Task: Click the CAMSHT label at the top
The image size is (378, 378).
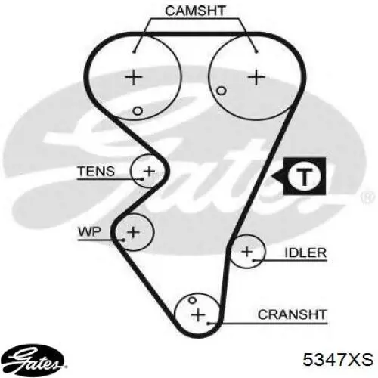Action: point(195,11)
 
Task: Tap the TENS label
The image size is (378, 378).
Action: point(96,172)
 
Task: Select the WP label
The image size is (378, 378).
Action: point(90,231)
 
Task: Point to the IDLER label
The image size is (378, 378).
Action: point(305,253)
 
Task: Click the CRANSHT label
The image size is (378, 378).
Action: point(293,314)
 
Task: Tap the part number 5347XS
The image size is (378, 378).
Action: point(338,359)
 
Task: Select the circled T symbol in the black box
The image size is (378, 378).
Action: point(305,176)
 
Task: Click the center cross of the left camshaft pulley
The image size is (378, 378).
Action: point(134,77)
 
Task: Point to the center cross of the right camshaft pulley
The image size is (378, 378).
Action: point(256,77)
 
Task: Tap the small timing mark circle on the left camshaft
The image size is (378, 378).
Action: point(138,111)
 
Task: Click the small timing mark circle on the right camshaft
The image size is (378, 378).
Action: point(222,91)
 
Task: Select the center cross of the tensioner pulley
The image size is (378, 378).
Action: point(149,172)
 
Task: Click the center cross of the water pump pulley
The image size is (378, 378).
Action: point(133,232)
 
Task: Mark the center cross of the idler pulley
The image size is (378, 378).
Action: point(247,252)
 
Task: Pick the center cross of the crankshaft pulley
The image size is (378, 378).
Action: point(198,315)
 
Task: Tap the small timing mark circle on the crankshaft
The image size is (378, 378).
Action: point(192,300)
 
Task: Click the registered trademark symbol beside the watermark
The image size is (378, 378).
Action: point(368,197)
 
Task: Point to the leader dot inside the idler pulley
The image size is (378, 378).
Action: point(254,260)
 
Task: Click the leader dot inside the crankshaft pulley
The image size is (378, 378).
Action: point(209,323)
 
